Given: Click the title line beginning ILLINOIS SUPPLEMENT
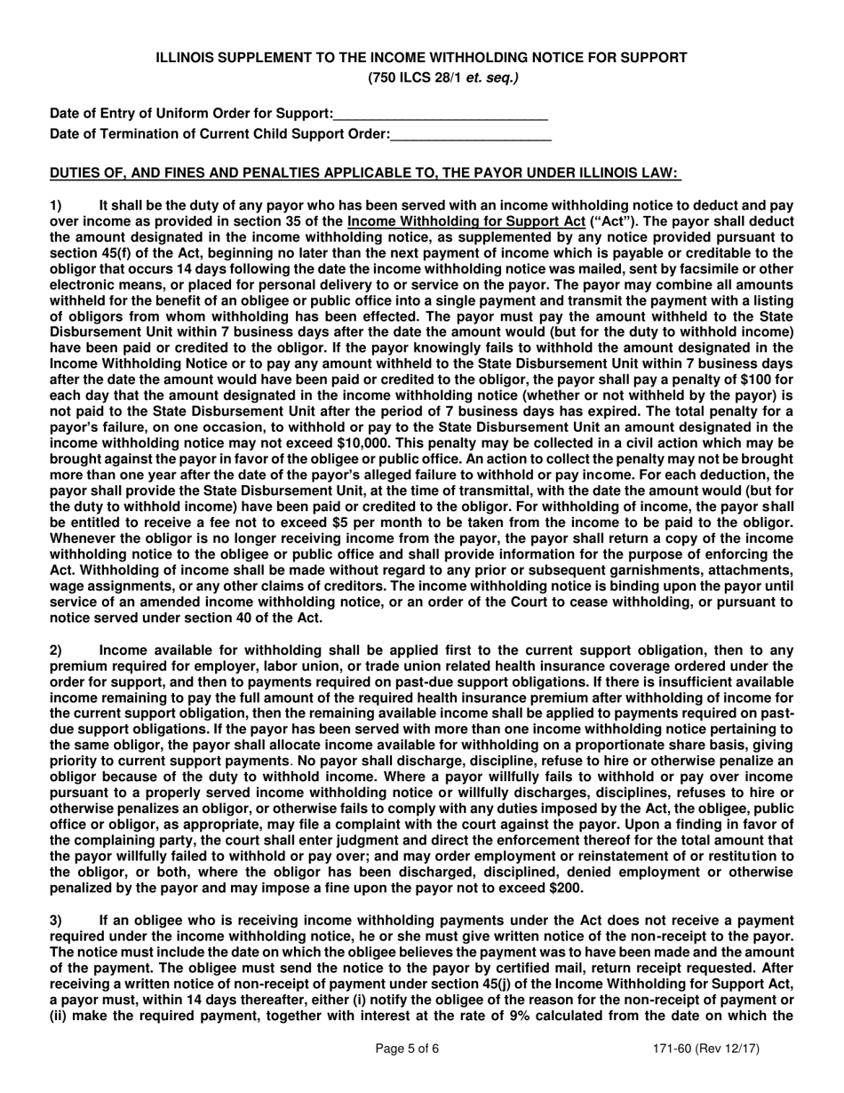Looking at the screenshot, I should pos(421,58).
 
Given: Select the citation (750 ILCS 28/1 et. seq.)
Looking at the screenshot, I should pos(442,78).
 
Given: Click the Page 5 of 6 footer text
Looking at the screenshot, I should pos(408,1049).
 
